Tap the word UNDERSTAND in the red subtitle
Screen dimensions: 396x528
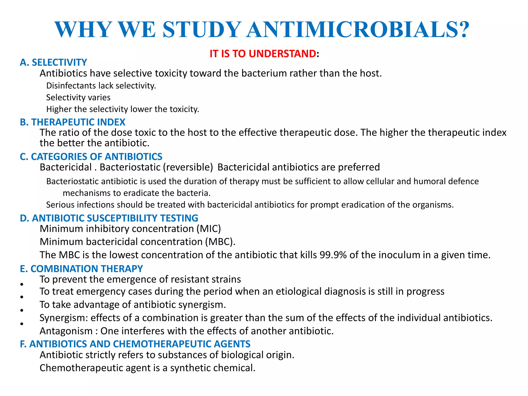(282, 54)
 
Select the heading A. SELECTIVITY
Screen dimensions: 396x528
(53, 62)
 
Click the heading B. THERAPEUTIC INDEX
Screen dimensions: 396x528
(72, 122)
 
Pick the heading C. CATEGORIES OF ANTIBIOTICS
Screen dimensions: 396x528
(91, 156)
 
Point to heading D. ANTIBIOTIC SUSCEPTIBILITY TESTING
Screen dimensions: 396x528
(109, 218)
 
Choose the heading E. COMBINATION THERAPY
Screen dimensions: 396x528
(81, 269)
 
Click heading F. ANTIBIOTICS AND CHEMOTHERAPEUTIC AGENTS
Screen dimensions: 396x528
(135, 344)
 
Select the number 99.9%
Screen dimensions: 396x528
(333, 255)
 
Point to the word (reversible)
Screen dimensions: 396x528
(188, 167)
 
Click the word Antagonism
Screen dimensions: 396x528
(66, 331)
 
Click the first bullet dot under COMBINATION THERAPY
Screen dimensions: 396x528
(22, 284)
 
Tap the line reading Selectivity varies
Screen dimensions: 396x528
(78, 97)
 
